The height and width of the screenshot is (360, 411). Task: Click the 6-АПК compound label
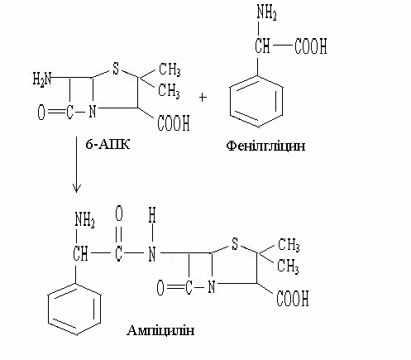108,144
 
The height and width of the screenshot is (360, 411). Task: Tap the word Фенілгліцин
265,146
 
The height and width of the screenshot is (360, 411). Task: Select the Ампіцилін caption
160,330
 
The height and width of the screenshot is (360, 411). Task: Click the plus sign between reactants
203,98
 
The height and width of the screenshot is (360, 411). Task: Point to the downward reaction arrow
76,165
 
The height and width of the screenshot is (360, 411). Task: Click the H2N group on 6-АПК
42,79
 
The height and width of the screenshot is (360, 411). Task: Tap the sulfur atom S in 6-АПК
116,68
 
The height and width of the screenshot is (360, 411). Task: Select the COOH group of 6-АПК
174,123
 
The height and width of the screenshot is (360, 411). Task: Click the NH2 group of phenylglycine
266,12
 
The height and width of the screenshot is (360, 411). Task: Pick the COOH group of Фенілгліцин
311,46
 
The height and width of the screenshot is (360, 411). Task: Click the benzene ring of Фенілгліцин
256,101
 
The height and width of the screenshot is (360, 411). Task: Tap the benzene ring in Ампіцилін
74,309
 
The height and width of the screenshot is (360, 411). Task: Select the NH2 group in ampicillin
84,220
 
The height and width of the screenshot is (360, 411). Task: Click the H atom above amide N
152,215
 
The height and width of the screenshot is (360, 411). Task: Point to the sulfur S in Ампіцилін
235,243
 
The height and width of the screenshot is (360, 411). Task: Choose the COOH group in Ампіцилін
293,298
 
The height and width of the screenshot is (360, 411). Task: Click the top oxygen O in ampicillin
119,214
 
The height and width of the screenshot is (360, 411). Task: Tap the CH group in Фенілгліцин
262,46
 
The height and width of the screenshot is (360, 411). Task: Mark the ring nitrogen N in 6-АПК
93,112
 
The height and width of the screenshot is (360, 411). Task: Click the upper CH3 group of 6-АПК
170,69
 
